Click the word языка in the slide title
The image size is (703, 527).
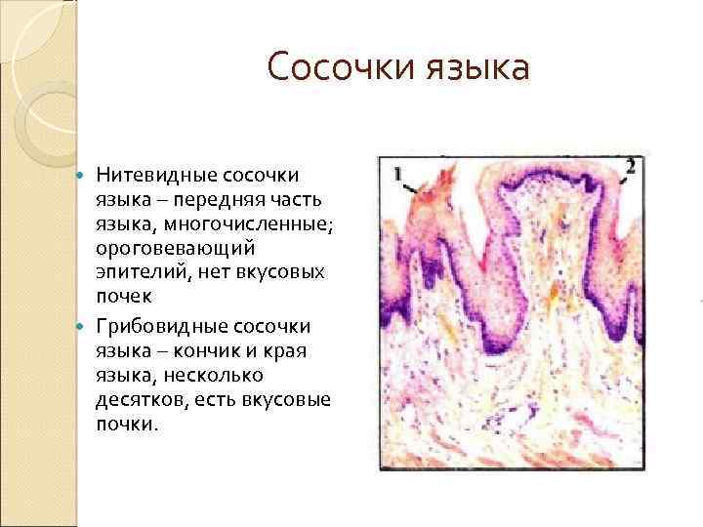[x=478, y=67]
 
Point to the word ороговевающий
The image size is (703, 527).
[x=161, y=249]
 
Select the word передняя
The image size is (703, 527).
[x=224, y=200]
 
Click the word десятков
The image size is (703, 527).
[x=138, y=400]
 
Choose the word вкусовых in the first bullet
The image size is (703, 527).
[x=284, y=274]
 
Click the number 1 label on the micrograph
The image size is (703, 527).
[x=398, y=174]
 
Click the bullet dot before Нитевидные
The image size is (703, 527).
[x=82, y=176]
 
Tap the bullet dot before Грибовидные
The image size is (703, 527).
[x=82, y=326]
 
